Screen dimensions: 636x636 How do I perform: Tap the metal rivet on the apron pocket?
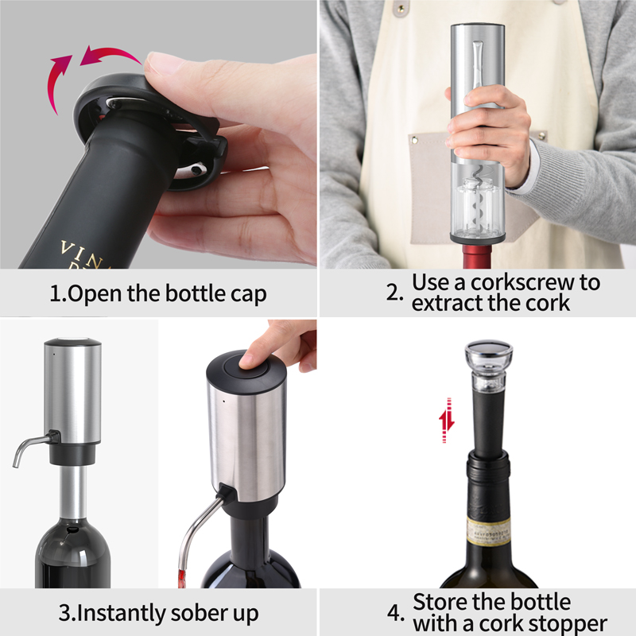click(414, 140)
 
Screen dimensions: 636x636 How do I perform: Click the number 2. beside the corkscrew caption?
click(395, 292)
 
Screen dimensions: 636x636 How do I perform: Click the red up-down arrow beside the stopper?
click(447, 421)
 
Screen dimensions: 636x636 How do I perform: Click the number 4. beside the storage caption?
click(395, 613)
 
